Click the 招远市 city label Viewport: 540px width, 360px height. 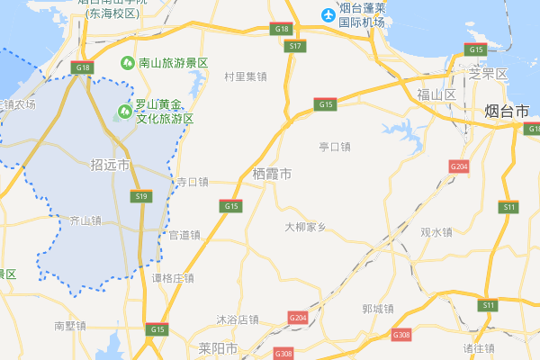point(111,166)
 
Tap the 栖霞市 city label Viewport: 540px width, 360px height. point(272,173)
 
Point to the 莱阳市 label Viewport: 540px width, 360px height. point(219,347)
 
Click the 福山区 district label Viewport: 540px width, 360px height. point(437,94)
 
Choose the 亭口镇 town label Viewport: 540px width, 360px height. point(335,147)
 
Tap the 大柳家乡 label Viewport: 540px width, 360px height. point(305,227)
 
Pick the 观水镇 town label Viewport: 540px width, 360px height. point(436,232)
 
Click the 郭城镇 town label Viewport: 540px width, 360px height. point(377,309)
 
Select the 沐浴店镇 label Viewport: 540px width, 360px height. point(238,319)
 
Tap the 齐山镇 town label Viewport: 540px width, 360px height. point(86,220)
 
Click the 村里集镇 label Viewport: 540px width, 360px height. point(246,76)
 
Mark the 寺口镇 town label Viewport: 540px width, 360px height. point(192,182)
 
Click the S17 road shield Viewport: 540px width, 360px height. point(296,45)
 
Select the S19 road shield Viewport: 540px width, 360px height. point(140,196)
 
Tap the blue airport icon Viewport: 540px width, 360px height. point(329,14)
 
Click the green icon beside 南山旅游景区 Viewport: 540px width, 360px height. point(129,63)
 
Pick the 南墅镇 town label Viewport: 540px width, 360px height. point(69,325)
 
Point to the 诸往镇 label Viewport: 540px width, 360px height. point(479,347)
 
